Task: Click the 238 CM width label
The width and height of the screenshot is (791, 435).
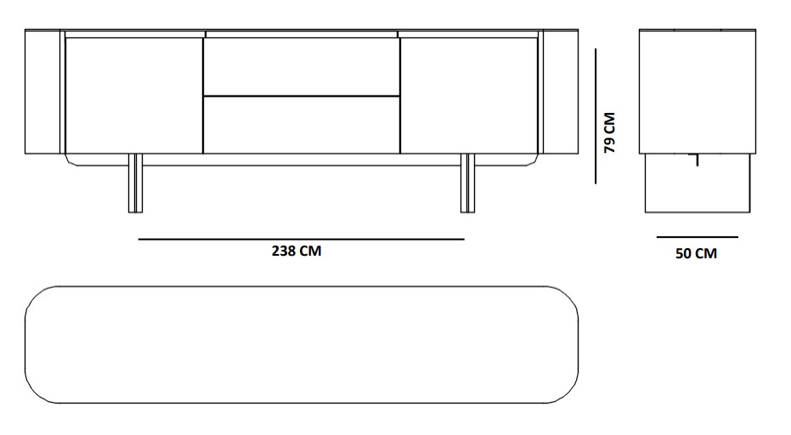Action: click(x=297, y=251)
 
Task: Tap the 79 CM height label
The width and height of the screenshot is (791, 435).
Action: click(x=610, y=133)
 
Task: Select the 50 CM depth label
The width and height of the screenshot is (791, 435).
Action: click(x=696, y=253)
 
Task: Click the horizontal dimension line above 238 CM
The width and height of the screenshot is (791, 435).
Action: click(x=301, y=240)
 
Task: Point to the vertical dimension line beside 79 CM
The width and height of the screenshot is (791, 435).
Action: click(x=596, y=116)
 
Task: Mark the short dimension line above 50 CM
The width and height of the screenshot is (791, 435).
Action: click(x=698, y=237)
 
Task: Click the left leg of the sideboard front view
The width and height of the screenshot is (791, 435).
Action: click(x=136, y=184)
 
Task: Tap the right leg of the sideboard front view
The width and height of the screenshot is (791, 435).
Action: click(x=468, y=184)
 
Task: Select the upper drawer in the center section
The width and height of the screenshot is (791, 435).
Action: click(x=302, y=66)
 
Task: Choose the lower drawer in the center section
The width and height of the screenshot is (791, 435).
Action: click(x=302, y=125)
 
